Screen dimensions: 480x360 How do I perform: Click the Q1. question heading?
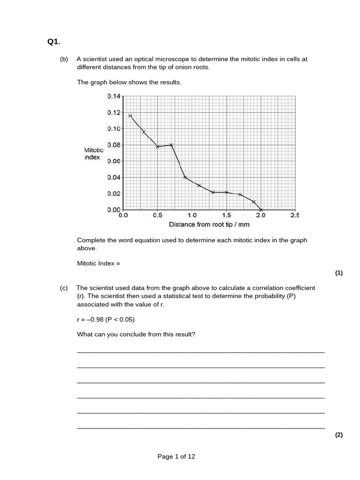(x=54, y=42)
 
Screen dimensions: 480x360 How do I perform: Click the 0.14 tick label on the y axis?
(x=114, y=96)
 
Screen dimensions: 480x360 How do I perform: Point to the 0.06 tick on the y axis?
(x=114, y=161)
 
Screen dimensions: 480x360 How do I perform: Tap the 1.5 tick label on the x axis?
(x=226, y=216)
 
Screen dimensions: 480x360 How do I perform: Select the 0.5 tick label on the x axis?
(x=157, y=216)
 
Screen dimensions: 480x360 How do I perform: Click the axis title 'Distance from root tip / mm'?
(x=209, y=225)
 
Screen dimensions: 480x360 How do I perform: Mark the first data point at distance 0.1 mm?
(x=130, y=116)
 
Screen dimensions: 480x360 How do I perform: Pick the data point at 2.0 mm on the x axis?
(x=261, y=210)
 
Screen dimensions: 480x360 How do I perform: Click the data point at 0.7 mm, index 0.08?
(x=171, y=145)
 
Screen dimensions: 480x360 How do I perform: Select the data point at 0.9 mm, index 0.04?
(x=185, y=177)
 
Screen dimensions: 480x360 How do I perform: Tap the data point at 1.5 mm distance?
(x=226, y=192)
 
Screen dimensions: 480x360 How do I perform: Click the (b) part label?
(x=64, y=59)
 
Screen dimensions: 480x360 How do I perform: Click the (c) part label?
(x=64, y=288)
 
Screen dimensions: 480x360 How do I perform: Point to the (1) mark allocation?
(x=339, y=273)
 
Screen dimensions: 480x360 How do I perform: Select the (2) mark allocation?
(x=339, y=435)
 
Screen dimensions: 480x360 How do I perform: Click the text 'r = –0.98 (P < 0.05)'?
(x=105, y=319)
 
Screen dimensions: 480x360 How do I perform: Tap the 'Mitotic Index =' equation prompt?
(x=98, y=263)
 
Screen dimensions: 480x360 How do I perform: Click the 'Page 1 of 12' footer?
(x=176, y=457)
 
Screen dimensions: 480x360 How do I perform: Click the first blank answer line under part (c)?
(x=201, y=352)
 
